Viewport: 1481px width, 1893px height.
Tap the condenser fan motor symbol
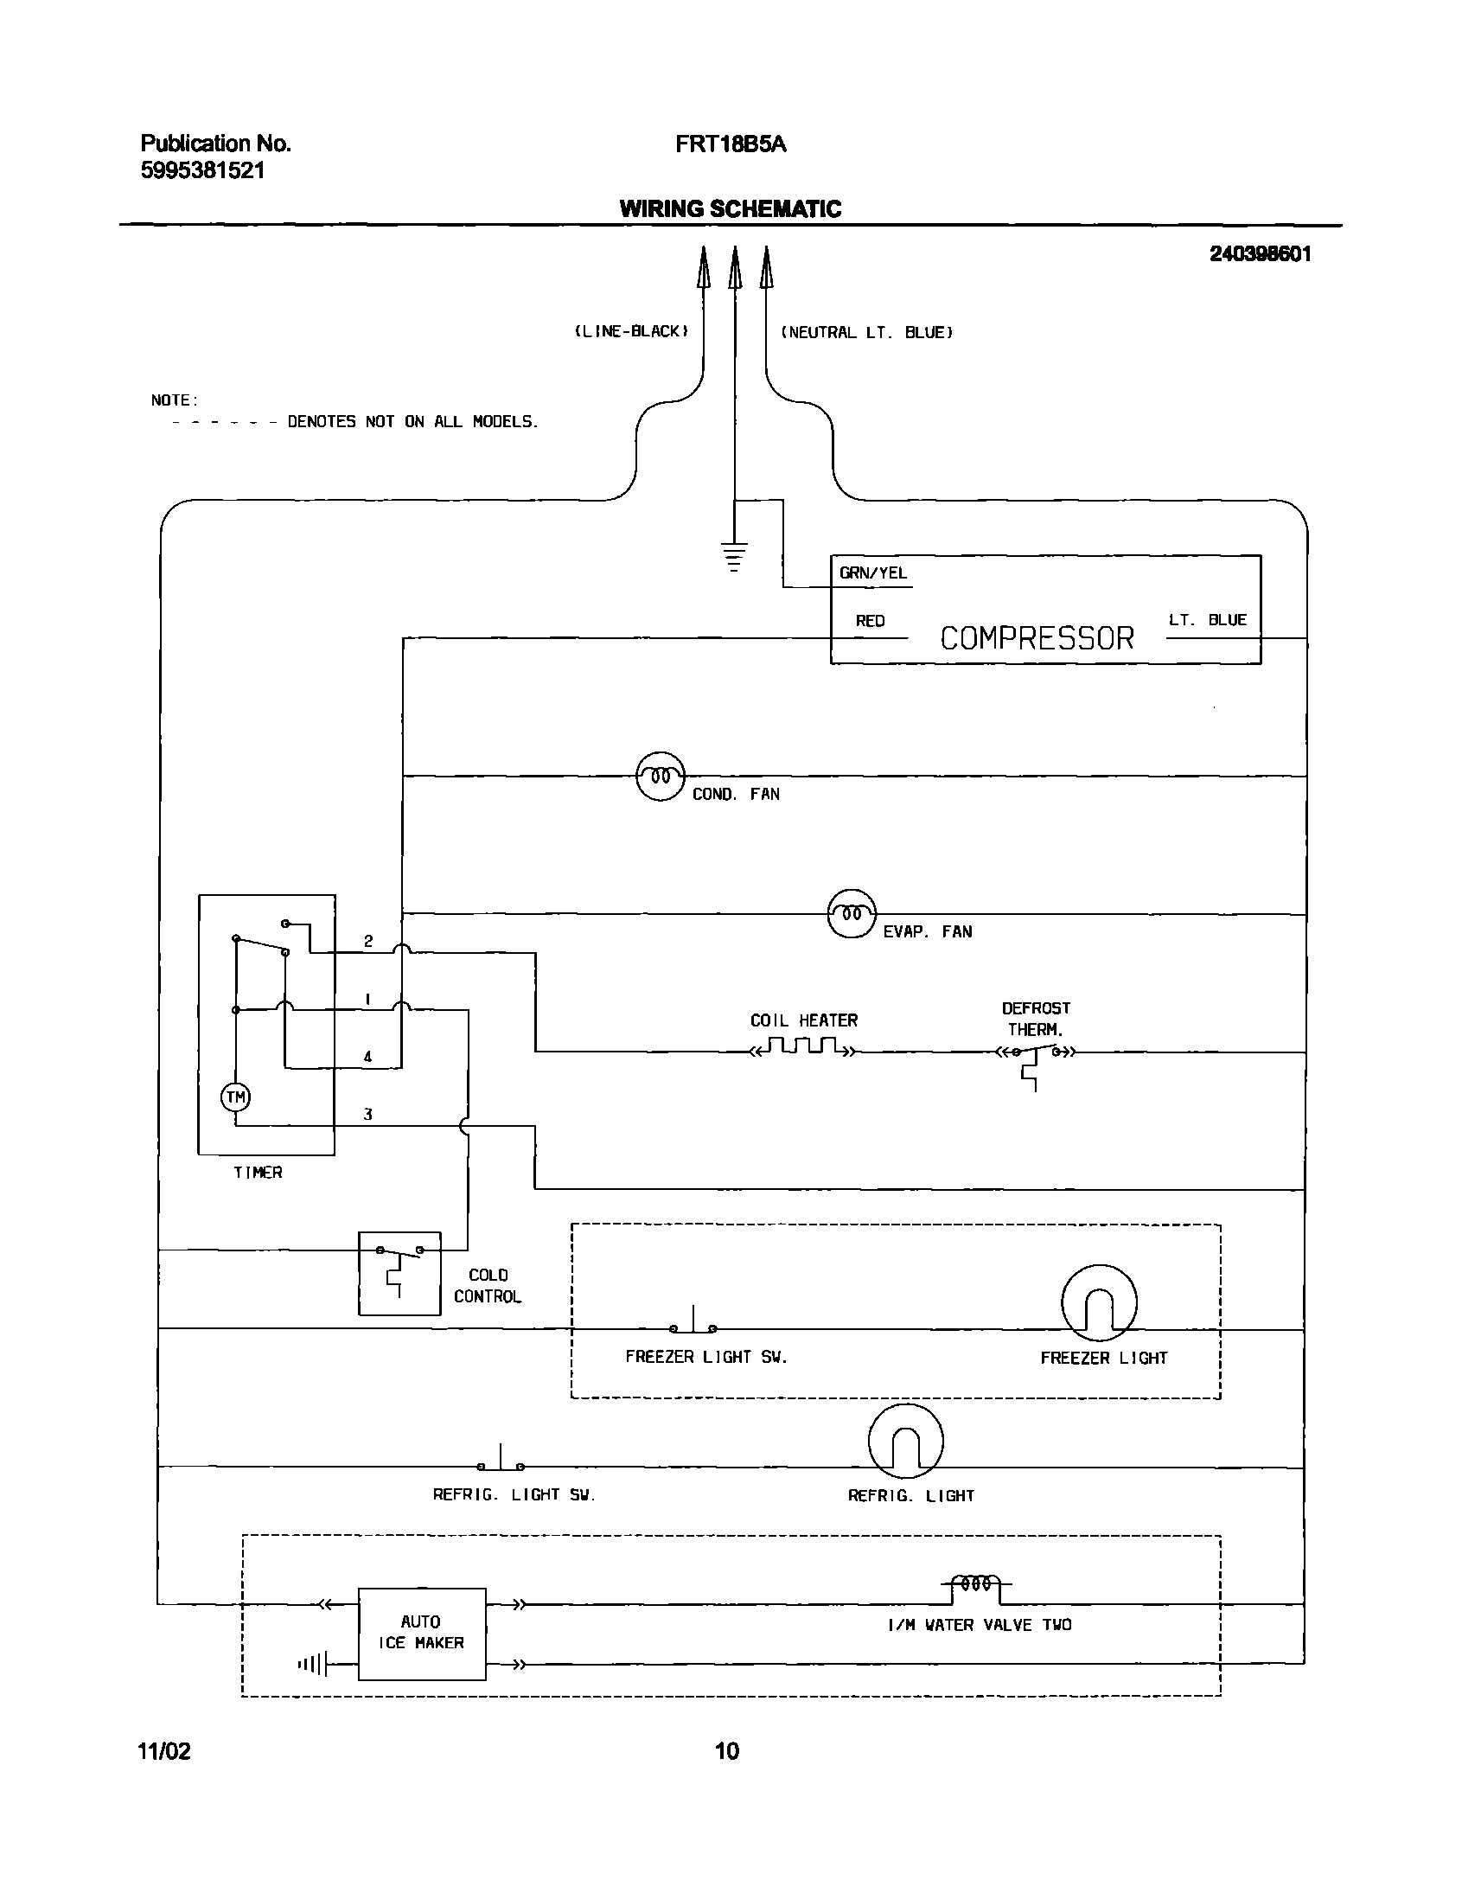[661, 776]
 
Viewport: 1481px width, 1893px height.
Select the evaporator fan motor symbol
[852, 913]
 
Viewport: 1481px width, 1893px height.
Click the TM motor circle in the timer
[236, 1097]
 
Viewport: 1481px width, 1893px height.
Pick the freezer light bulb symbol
[1099, 1302]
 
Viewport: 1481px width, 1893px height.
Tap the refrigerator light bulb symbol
[905, 1442]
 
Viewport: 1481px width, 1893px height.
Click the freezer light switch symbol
[693, 1324]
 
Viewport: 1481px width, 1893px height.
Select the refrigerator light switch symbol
[501, 1462]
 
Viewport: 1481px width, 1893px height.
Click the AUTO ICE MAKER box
[421, 1634]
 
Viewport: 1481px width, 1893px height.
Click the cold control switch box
[399, 1273]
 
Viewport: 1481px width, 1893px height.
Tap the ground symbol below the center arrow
[734, 555]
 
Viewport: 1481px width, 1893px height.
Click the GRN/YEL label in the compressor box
[872, 573]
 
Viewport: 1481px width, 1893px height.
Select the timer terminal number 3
[367, 1115]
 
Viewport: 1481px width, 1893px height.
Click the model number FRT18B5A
[730, 144]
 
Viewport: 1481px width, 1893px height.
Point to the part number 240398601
[1260, 254]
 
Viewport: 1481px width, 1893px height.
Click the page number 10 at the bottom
[726, 1751]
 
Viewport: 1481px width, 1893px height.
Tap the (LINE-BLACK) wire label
[631, 331]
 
